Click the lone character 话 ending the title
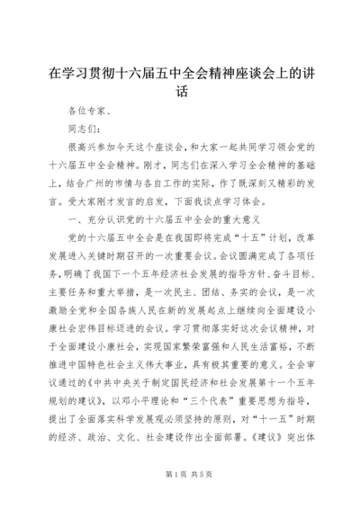(x=180, y=90)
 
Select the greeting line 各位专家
(x=85, y=112)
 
